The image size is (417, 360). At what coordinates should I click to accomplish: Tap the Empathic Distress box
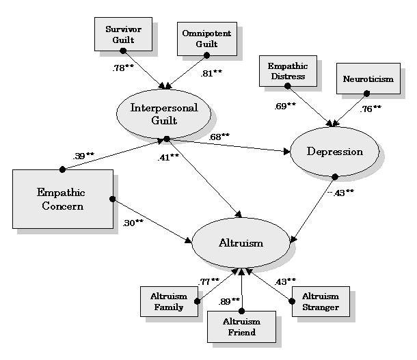pos(288,72)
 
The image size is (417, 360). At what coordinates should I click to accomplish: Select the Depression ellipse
pos(335,152)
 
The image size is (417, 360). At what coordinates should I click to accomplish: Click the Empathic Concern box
pos(62,199)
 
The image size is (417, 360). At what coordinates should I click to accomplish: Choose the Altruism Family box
pos(167,302)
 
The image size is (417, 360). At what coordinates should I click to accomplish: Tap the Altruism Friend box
pos(241,327)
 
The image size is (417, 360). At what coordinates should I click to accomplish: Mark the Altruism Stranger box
pos(320,302)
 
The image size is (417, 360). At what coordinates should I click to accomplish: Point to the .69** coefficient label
pos(284,106)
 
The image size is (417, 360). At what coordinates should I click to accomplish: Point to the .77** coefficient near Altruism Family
pos(208,281)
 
